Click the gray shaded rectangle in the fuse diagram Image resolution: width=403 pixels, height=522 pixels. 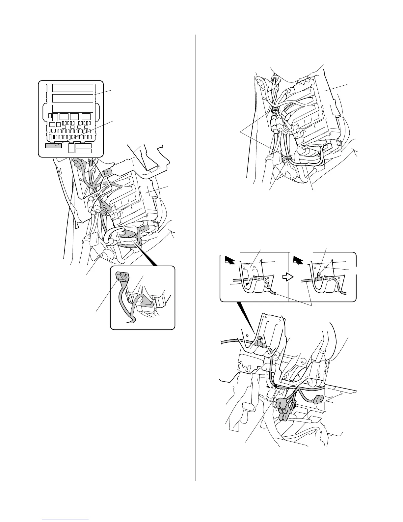click(x=53, y=146)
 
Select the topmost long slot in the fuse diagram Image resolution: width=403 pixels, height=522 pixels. click(x=73, y=88)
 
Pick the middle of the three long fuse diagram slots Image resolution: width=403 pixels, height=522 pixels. click(x=73, y=98)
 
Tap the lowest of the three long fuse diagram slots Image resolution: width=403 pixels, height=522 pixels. click(x=73, y=109)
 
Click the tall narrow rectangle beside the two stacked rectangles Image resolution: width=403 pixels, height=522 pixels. click(x=71, y=148)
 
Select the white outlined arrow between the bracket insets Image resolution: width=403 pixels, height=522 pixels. click(x=288, y=277)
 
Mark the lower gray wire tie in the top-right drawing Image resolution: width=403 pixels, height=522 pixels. click(x=286, y=159)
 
